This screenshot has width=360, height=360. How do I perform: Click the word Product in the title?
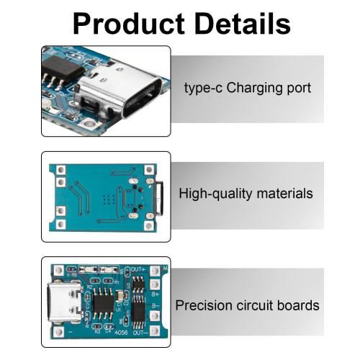[x=128, y=24]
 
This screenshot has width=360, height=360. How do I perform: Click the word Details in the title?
[x=243, y=23]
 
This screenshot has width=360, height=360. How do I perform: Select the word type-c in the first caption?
[x=203, y=89]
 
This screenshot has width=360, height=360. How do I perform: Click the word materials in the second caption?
[x=285, y=194]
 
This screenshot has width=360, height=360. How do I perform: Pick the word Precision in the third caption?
[x=204, y=305]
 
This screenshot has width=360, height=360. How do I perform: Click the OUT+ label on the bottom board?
[x=138, y=269]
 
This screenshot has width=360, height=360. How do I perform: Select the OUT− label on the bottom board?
[x=140, y=333]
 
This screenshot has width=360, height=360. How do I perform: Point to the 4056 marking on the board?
[x=121, y=333]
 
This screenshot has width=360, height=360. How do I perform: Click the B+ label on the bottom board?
[x=156, y=294]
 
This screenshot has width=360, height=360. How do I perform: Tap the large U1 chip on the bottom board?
[x=104, y=303]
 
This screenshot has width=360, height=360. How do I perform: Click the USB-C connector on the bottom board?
[x=65, y=302]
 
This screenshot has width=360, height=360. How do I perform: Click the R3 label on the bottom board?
[x=97, y=332]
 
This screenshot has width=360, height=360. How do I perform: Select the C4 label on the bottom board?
[x=108, y=331]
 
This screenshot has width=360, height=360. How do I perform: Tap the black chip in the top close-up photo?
[x=63, y=68]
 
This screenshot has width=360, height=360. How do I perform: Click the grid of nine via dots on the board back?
[x=109, y=199]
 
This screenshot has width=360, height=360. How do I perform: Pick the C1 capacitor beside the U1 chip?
[x=120, y=296]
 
